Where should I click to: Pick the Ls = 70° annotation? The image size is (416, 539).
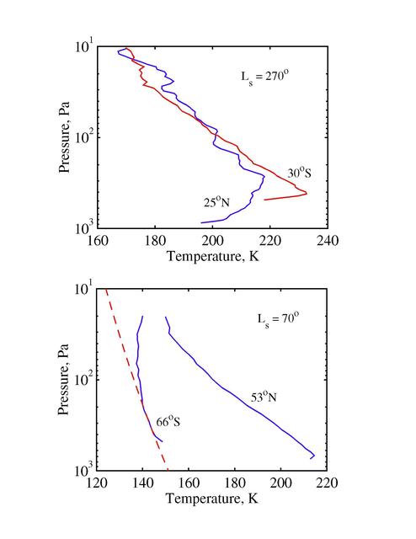pos(273,321)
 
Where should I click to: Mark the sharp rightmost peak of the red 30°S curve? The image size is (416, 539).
pos(307,194)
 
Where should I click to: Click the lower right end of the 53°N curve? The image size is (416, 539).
pos(312,458)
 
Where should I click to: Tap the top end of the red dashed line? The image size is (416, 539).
pos(107,290)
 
